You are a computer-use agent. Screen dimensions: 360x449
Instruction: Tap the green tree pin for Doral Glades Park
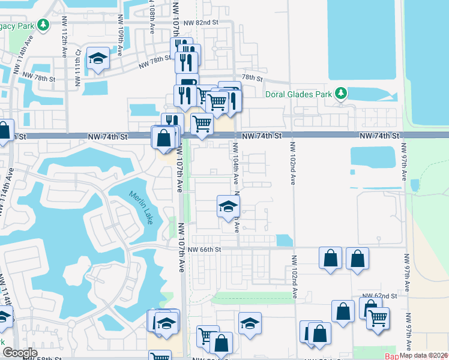click(x=341, y=94)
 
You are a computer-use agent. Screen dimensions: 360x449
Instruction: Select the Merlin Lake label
click(x=140, y=207)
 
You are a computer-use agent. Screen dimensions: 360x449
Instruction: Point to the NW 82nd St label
click(x=200, y=22)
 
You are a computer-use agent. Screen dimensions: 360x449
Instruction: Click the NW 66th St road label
click(x=205, y=250)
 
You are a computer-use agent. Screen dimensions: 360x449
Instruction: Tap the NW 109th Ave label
click(x=121, y=44)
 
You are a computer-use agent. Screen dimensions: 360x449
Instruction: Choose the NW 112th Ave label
click(x=64, y=46)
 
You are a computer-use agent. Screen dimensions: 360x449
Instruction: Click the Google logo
click(x=20, y=353)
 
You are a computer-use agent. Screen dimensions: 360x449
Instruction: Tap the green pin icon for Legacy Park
click(x=43, y=25)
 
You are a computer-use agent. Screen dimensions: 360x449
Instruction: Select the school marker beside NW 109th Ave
click(x=98, y=59)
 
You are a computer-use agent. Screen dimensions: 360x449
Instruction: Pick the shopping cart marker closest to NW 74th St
click(x=202, y=124)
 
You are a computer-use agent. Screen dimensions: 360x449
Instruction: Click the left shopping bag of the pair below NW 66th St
click(x=330, y=258)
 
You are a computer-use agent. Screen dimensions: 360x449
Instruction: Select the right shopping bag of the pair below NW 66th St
click(x=357, y=258)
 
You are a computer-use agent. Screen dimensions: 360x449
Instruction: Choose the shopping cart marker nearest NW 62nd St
click(x=378, y=318)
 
